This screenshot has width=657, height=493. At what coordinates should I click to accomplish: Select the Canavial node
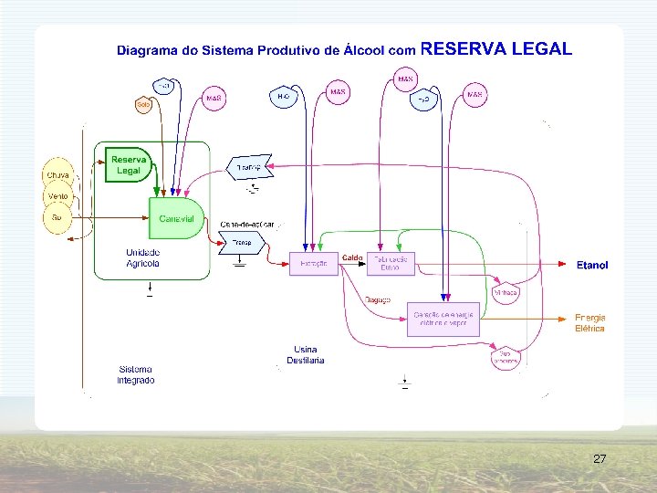click(175, 219)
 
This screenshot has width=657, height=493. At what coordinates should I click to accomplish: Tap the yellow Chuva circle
click(57, 174)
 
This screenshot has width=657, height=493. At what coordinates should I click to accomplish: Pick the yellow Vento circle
click(57, 196)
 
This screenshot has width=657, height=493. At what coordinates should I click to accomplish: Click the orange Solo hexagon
click(143, 105)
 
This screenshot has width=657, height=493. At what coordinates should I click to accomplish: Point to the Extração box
click(312, 265)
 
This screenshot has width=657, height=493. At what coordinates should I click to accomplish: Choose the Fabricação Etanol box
click(391, 263)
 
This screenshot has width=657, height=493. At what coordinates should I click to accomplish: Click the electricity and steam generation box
click(443, 319)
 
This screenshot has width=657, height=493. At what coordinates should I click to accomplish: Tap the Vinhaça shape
click(505, 292)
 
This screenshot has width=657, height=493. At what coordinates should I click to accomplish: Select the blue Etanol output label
click(592, 266)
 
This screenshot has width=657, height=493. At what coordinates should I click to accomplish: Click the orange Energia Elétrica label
click(589, 323)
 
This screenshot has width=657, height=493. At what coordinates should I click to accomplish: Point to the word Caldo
click(353, 258)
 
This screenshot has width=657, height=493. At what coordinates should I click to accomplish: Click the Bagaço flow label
click(378, 299)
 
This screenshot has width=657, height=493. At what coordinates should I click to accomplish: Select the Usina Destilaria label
click(306, 354)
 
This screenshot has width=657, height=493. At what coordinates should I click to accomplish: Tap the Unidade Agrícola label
click(142, 257)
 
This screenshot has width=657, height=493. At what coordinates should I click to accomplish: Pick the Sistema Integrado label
click(136, 375)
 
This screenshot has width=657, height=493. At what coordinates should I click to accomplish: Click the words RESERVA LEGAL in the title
click(496, 49)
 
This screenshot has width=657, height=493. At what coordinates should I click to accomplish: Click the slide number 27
click(600, 458)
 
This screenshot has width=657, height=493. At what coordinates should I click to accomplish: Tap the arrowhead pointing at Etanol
click(564, 265)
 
